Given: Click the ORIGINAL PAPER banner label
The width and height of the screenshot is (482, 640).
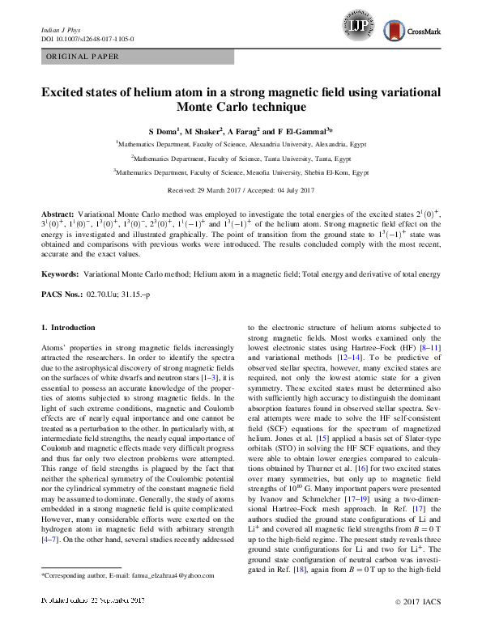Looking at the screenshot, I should pos(83,57).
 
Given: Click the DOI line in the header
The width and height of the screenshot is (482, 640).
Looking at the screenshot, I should pos(87,39).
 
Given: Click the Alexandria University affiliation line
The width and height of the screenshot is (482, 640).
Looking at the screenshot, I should pos(241,143).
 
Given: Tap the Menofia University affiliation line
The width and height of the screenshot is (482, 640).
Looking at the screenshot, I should pos(241,172).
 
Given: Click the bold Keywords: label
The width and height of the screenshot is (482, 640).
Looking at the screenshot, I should pos(60,275).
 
